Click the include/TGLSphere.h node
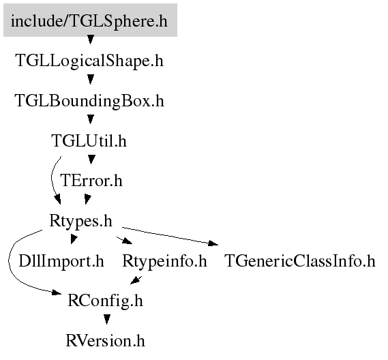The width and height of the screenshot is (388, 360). pyautogui.click(x=90, y=20)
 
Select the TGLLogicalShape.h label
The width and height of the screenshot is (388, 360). pyautogui.click(x=89, y=61)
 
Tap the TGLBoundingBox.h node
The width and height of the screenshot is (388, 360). pyautogui.click(x=89, y=101)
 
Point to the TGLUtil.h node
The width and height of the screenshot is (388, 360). pyautogui.click(x=89, y=140)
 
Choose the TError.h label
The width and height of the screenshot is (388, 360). pyautogui.click(x=91, y=181)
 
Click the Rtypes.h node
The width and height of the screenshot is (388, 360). pyautogui.click(x=81, y=220)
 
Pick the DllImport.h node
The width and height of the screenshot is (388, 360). pyautogui.click(x=61, y=261)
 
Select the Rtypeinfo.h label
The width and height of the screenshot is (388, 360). pyautogui.click(x=164, y=261)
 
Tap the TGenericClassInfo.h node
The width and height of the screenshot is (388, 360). pyautogui.click(x=300, y=261)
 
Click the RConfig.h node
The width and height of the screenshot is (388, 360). pyautogui.click(x=106, y=301)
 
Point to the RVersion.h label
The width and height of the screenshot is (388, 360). pyautogui.click(x=106, y=341)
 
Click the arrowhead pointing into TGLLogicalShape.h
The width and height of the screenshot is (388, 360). pyautogui.click(x=91, y=40)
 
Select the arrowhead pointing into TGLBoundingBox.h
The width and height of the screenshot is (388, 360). pyautogui.click(x=91, y=80)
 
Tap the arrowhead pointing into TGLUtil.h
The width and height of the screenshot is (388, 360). pyautogui.click(x=91, y=119)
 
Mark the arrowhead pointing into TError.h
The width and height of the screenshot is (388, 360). pyautogui.click(x=91, y=160)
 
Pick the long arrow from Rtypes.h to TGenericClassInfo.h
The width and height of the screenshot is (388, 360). pyautogui.click(x=170, y=237)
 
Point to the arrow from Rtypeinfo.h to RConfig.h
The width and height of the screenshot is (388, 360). pyautogui.click(x=136, y=280)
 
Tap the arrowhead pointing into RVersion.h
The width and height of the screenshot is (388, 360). pyautogui.click(x=107, y=319)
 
